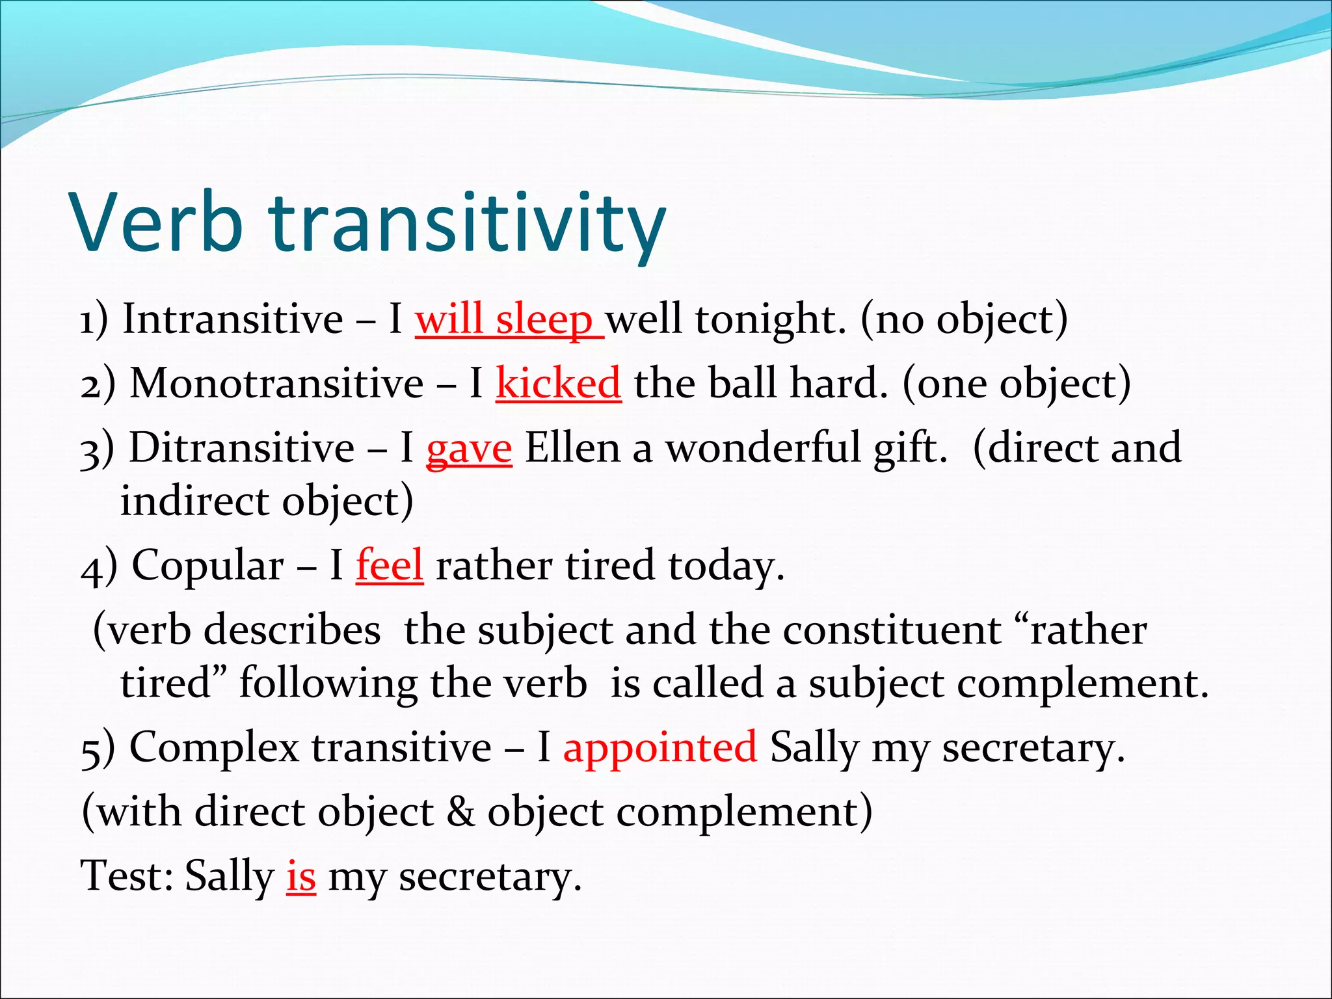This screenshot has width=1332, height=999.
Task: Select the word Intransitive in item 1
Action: click(233, 319)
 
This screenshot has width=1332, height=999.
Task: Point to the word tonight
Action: click(771, 319)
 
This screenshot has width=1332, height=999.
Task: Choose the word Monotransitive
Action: click(276, 382)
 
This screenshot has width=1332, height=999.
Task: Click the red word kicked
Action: click(558, 382)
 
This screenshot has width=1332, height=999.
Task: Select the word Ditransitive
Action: click(241, 447)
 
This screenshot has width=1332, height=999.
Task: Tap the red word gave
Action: click(469, 449)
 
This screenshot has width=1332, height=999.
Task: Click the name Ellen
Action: click(572, 447)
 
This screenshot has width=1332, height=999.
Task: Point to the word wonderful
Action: click(763, 447)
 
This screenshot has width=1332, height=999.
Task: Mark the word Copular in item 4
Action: click(207, 565)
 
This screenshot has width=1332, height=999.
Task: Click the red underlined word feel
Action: click(389, 565)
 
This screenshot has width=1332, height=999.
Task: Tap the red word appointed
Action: click(659, 747)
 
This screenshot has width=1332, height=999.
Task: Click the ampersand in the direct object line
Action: click(460, 812)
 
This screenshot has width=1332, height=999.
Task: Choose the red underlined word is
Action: click(300, 876)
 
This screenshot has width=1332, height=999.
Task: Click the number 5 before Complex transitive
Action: click(90, 749)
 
